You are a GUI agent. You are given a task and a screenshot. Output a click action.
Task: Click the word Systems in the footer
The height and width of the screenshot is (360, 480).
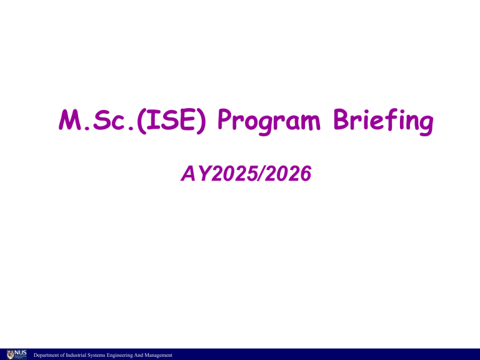coord(96,356)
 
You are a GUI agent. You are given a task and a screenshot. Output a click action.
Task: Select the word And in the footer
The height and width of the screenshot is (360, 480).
coord(141,356)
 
